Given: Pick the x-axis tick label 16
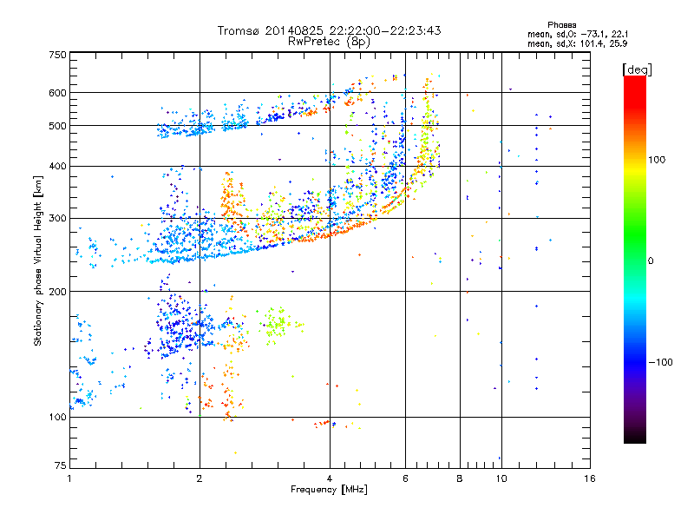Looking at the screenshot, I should pyautogui.click(x=589, y=478).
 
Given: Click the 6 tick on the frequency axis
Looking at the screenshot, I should pyautogui.click(x=405, y=478).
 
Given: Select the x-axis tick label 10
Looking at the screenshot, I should pyautogui.click(x=501, y=478).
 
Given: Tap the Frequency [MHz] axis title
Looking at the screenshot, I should pyautogui.click(x=329, y=490).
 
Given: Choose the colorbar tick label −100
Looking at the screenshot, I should pyautogui.click(x=661, y=361).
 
